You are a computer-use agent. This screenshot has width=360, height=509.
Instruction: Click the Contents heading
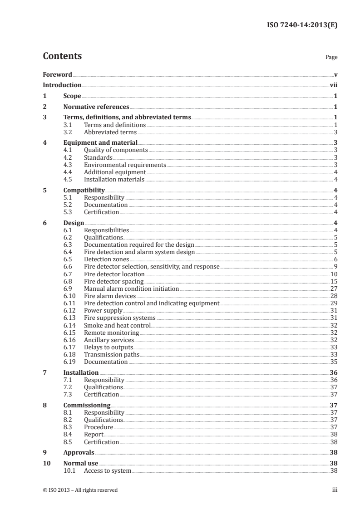click(62, 56)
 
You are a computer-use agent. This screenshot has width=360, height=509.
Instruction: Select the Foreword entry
click(57, 74)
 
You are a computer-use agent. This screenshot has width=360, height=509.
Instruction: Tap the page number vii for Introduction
click(333, 85)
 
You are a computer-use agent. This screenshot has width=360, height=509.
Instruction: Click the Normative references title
click(96, 107)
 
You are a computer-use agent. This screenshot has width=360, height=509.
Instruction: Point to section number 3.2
click(68, 132)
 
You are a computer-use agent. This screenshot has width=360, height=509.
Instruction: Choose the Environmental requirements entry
click(125, 165)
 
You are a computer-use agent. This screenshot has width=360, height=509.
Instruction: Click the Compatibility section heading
click(84, 191)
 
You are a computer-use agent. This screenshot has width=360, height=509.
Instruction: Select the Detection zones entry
click(107, 259)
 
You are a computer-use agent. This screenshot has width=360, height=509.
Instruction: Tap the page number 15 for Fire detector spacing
click(333, 281)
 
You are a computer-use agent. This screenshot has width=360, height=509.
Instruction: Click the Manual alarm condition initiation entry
click(132, 289)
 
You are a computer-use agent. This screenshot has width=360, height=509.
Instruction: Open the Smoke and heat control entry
click(117, 325)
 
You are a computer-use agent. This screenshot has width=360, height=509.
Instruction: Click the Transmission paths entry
click(112, 354)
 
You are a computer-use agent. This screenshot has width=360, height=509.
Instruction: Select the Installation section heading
click(81, 372)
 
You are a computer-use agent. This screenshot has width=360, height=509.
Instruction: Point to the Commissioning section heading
click(87, 405)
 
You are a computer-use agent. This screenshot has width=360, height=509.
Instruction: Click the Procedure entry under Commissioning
click(99, 427)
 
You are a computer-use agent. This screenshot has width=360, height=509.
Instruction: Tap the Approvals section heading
click(79, 452)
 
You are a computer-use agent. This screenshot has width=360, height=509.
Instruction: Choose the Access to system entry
click(108, 470)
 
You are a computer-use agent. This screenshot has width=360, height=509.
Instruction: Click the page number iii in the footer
click(334, 489)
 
